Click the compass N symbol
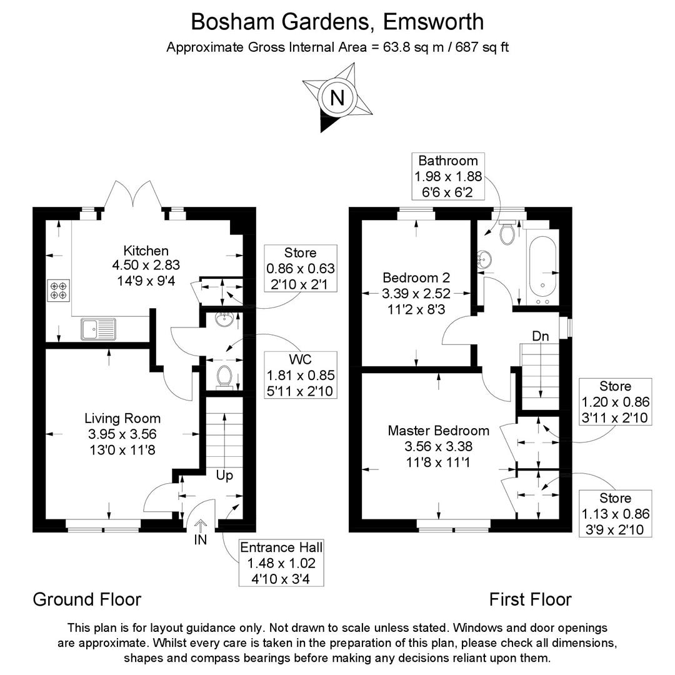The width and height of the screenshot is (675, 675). coord(337,98)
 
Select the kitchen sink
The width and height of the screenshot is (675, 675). coord(98,328)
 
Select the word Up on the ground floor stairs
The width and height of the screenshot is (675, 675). coord(224,476)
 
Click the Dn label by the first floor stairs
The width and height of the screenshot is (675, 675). coord(540,336)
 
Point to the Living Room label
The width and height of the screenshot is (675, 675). coord(122,418)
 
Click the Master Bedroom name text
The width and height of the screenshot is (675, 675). coord(438,430)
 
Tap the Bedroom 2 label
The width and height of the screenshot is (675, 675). coord(416,277)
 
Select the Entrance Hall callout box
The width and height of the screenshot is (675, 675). coord(281,563)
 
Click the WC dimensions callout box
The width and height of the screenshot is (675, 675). coord(301,375)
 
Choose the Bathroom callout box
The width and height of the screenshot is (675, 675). coord(447,176)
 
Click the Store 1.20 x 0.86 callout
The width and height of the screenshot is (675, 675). coord(615,402)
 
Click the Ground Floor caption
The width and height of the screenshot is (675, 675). coord(87,599)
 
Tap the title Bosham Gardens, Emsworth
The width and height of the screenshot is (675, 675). coord(337,21)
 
